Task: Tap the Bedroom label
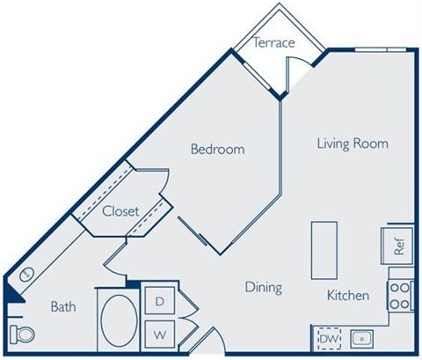click(217, 149)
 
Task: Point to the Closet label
click(120, 212)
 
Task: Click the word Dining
click(263, 287)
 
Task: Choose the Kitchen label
click(348, 295)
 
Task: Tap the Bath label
click(62, 307)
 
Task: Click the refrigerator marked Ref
click(397, 246)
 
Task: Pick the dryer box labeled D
click(160, 301)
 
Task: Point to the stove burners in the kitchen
click(400, 295)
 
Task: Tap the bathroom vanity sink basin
click(26, 274)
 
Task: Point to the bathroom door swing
click(113, 256)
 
